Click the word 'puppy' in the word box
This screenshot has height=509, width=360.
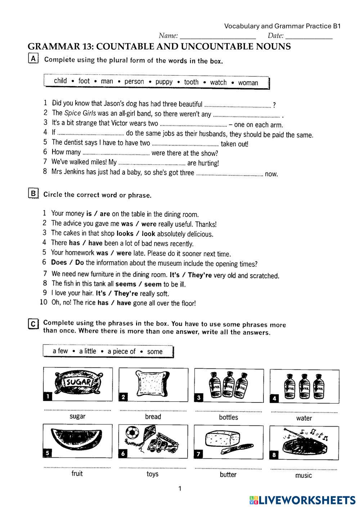pos(164,82)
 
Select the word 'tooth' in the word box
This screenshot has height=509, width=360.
pos(191,82)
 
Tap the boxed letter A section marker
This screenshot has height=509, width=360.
pos(33,59)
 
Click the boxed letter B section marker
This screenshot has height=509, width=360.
pos(33,193)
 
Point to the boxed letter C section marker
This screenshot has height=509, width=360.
pos(33,324)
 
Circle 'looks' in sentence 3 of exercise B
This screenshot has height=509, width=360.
pos(125,233)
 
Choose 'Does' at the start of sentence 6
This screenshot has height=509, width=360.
pos(59,262)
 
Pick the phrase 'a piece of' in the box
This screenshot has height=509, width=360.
pos(121,351)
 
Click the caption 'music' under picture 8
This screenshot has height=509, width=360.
pos(303,476)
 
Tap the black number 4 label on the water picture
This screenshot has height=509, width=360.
pos(275,398)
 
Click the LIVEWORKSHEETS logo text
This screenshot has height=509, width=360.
pos(306,500)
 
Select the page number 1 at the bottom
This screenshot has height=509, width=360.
pos(180,488)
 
